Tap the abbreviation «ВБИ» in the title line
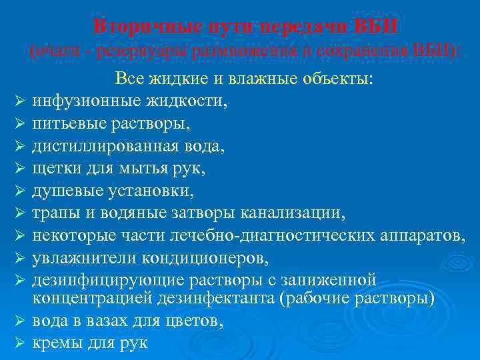coord(378,27)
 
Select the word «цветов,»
coord(198,321)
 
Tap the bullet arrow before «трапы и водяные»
coord(19,215)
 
